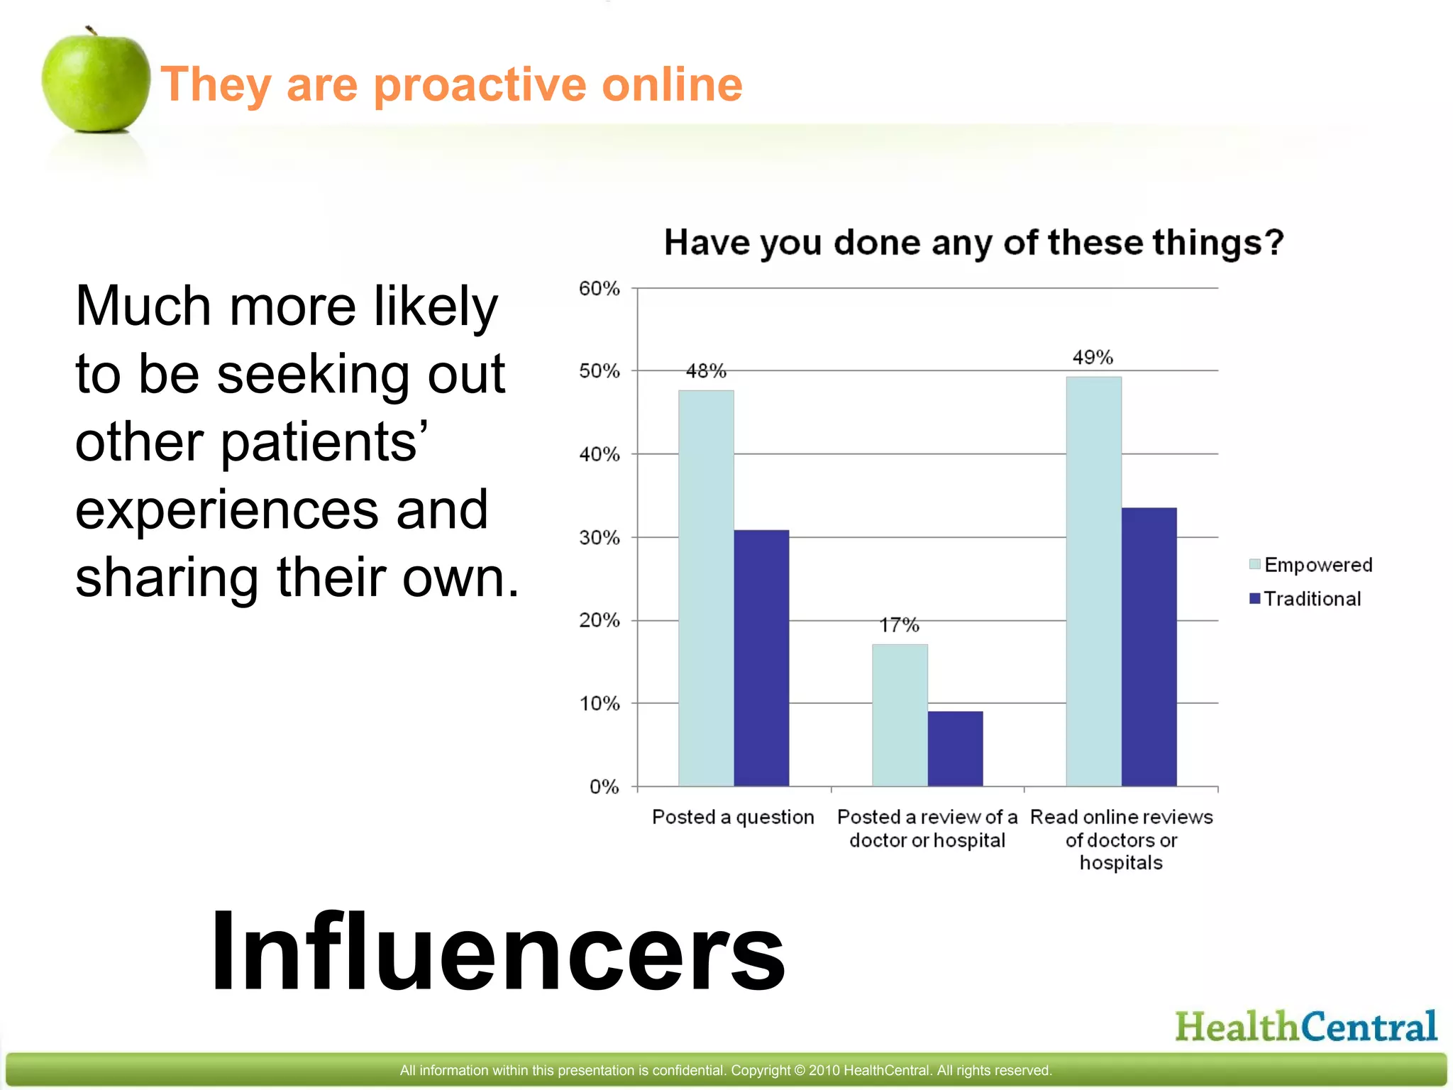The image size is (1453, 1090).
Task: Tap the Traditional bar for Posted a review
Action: pos(955,748)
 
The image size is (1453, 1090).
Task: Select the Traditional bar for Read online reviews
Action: pos(1149,646)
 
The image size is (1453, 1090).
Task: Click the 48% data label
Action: pos(706,371)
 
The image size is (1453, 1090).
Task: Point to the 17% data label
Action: pos(900,625)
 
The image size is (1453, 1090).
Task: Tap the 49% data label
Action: pos(1093,358)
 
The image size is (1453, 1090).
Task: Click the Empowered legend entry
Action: pos(1311,565)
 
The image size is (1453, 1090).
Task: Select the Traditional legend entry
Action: pos(1305,599)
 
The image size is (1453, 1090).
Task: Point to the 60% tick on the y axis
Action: pos(600,289)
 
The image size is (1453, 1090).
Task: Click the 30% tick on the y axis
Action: pos(600,538)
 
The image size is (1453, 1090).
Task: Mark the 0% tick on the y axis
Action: pos(604,787)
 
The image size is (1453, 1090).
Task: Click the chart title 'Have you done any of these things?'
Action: pos(973,243)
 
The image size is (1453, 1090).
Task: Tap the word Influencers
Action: pos(498,951)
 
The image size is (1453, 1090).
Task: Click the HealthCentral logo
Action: pos(1305,1027)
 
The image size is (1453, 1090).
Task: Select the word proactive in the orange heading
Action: pos(487,84)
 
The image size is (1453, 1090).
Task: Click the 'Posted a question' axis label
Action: pos(733,817)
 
